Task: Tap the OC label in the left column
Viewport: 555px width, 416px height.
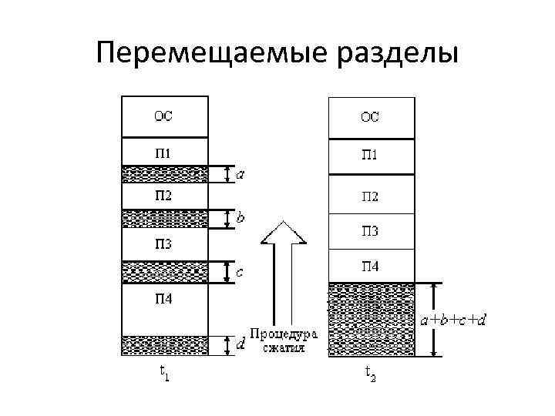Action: pos(163,117)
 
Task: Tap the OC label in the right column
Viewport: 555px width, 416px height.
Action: pos(371,117)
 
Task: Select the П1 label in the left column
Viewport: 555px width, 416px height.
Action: pos(163,153)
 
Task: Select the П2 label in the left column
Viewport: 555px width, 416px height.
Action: pos(163,195)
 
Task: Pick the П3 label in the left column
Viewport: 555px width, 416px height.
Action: pos(163,244)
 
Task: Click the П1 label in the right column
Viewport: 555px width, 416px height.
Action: pos(371,156)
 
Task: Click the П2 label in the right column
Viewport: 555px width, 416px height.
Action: pos(371,196)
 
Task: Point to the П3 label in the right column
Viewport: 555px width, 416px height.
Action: pos(371,231)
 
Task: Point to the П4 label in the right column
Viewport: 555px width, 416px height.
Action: pos(371,267)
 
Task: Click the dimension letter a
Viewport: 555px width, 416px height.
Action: pos(240,175)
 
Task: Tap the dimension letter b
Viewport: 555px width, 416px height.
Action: pos(240,218)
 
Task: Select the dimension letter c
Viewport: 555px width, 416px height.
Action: pos(240,271)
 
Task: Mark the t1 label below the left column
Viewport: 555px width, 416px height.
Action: pos(164,373)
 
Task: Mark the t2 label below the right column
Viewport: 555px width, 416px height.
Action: pos(372,373)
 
